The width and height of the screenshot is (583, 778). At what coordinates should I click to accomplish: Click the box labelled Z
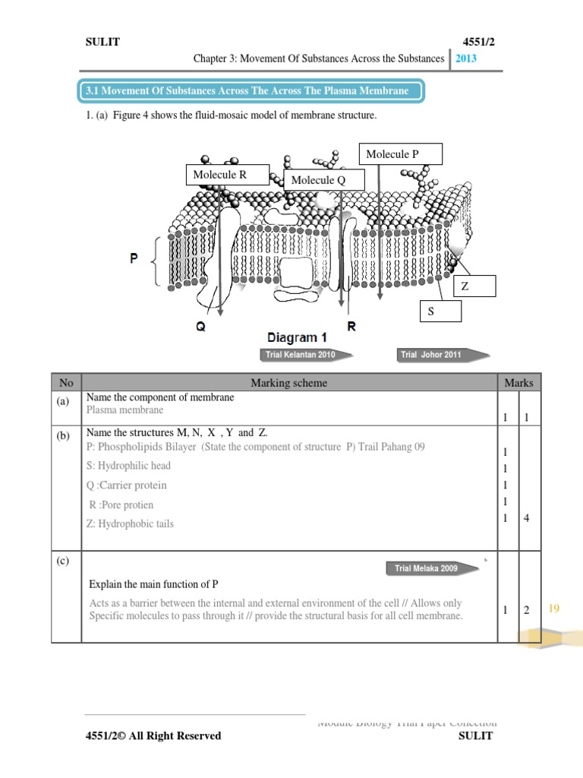tap(474, 286)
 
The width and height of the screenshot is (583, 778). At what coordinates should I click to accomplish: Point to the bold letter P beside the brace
tap(134, 258)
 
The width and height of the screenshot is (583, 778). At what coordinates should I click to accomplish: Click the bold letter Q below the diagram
tap(200, 327)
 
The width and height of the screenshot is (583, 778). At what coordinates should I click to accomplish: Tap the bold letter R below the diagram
tap(351, 327)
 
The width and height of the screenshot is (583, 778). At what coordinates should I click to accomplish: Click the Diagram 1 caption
tap(297, 337)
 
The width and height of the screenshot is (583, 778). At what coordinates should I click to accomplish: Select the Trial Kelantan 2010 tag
tap(299, 354)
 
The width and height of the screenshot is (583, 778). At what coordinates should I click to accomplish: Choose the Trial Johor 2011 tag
tap(433, 354)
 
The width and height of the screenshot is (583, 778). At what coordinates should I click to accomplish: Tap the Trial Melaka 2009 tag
tap(427, 568)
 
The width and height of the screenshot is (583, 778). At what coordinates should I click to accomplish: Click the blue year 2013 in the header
tap(467, 59)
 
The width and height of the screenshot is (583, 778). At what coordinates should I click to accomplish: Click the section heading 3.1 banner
tap(251, 91)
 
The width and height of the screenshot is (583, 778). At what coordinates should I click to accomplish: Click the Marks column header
tap(518, 383)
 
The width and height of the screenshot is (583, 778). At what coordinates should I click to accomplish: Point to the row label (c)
tap(62, 561)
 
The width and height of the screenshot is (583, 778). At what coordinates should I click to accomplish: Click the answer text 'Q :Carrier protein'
tap(127, 485)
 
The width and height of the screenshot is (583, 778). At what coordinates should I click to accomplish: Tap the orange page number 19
tap(553, 608)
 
